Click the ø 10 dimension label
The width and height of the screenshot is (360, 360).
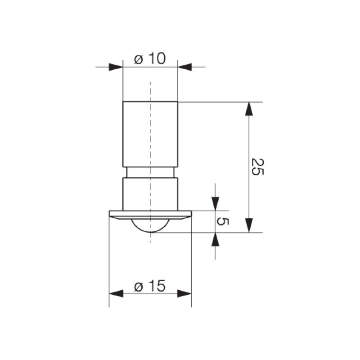(150, 58)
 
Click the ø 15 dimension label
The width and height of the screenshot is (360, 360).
(150, 286)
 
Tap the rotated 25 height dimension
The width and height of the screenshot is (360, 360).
(257, 166)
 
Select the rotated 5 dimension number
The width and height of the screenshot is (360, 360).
(223, 221)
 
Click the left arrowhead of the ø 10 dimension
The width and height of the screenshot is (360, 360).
(116, 67)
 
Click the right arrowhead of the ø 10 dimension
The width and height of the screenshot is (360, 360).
(184, 67)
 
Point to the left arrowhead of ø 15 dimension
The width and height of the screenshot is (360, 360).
(116, 293)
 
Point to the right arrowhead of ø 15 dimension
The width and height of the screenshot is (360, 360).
(184, 293)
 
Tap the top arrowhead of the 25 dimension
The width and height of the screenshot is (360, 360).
(249, 108)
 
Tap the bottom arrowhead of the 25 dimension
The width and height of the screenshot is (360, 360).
(249, 225)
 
